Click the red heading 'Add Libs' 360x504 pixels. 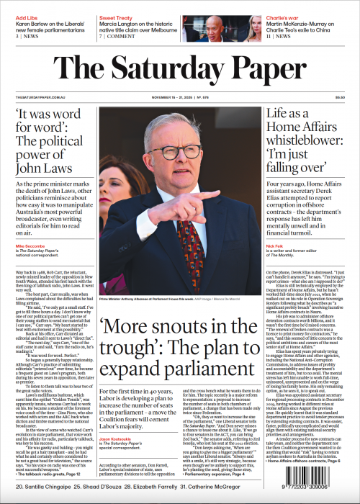[27, 16]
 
